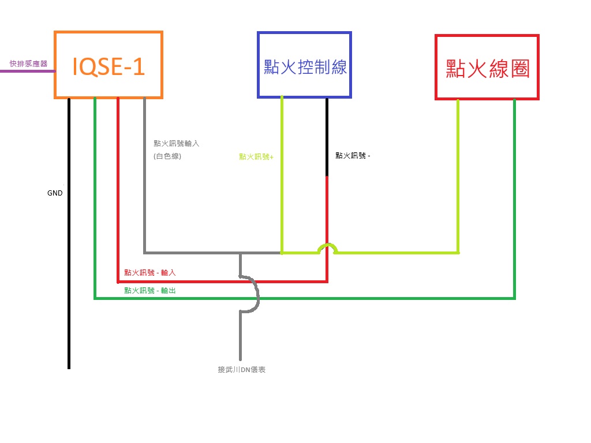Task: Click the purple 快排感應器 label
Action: (x=29, y=63)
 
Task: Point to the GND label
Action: (x=55, y=193)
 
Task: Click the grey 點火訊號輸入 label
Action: (x=176, y=144)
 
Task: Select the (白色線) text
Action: (x=167, y=156)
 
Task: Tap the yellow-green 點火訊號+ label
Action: (x=256, y=157)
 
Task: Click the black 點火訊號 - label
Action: (x=353, y=156)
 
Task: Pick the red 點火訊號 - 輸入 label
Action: (x=150, y=272)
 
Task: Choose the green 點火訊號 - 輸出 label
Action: (x=150, y=291)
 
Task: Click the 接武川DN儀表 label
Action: (x=242, y=370)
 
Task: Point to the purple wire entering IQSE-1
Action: (x=28, y=71)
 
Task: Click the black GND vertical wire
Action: (x=69, y=234)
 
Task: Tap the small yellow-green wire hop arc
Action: (x=327, y=246)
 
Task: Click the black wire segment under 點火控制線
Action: (x=327, y=137)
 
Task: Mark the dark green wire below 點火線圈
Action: (x=514, y=198)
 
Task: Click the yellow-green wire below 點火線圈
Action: (x=458, y=177)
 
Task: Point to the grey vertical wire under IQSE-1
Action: (x=144, y=175)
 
